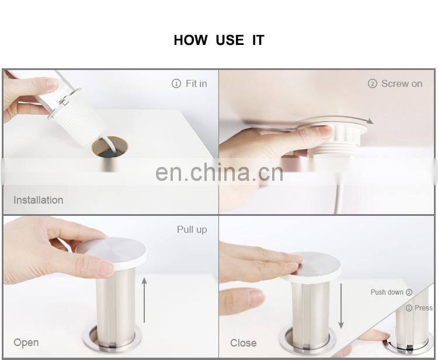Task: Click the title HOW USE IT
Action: coord(218,40)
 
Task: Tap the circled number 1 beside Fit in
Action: coord(176,84)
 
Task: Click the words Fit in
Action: coord(196,84)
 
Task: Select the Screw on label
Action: coord(402,84)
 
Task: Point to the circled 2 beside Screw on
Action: coord(373,84)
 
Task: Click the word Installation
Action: coord(39,200)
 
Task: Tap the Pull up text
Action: coord(192,230)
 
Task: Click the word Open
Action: coord(26,342)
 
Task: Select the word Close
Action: coord(244,343)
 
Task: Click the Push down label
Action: coord(387,292)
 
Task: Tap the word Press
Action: coord(423,308)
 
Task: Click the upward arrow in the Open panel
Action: coord(144,300)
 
